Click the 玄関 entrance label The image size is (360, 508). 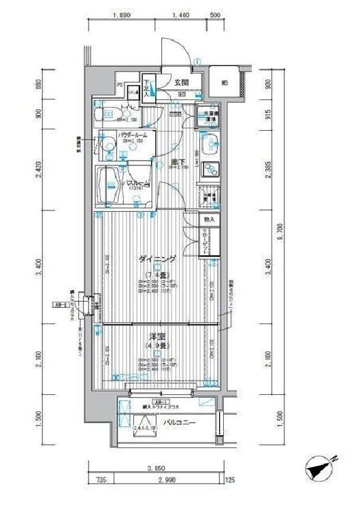(181, 83)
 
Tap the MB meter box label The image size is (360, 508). (224, 84)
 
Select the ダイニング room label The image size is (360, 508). (157, 259)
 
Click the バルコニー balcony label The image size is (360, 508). (180, 424)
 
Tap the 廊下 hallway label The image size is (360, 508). (179, 161)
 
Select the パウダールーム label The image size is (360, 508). (132, 136)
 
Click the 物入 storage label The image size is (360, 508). (208, 220)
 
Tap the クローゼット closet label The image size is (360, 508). (205, 241)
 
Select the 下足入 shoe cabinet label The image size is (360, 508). (146, 90)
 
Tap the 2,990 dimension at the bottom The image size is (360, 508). (161, 480)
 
